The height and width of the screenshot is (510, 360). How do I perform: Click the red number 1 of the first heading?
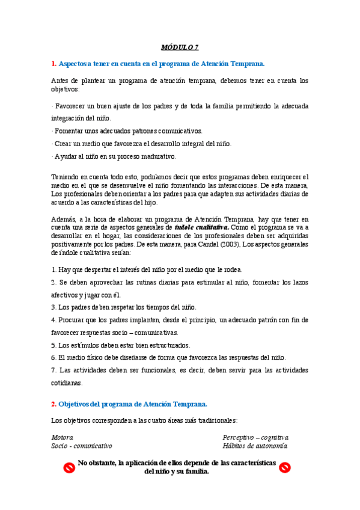click(53, 63)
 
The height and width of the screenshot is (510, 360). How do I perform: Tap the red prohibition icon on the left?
click(69, 467)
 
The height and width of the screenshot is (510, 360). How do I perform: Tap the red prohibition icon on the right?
click(285, 467)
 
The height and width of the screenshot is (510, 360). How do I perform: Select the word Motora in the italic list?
click(62, 437)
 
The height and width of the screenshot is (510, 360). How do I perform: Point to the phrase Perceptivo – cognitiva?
click(255, 437)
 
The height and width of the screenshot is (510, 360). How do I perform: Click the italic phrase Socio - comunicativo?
click(81, 446)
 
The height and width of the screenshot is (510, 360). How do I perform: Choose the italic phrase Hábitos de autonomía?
click(254, 446)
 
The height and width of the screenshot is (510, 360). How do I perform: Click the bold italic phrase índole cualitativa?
click(202, 228)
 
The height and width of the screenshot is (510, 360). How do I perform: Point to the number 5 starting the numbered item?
click(53, 345)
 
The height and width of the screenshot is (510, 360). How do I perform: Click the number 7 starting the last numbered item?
click(53, 369)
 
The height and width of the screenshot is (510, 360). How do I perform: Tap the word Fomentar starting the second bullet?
click(69, 131)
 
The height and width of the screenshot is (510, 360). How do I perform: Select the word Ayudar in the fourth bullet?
click(66, 156)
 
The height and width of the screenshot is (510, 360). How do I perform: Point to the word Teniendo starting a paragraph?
click(66, 177)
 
